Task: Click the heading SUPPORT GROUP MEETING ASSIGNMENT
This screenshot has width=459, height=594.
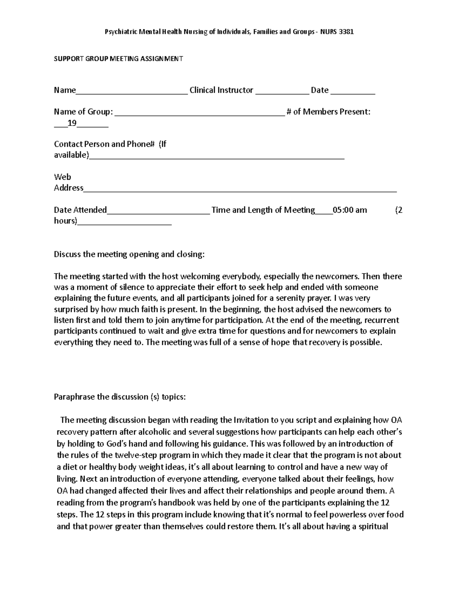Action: coord(118,59)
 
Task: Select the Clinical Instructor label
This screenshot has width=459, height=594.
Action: coord(221,90)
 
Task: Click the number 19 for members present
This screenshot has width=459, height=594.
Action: coord(72,123)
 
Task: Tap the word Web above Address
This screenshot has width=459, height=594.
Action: coord(62,177)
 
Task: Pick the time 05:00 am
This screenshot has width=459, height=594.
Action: coord(350,210)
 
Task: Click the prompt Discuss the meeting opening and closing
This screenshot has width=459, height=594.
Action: coord(129,255)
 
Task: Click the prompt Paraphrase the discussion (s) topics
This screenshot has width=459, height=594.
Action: coord(120,397)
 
